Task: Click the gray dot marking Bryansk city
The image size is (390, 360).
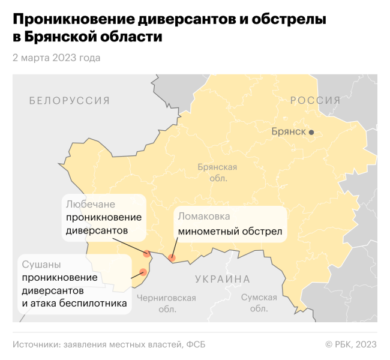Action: pos(311,132)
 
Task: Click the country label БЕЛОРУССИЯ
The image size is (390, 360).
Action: pos(70,101)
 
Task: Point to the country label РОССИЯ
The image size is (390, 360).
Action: pos(315,100)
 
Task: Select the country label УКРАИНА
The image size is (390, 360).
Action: pos(223,279)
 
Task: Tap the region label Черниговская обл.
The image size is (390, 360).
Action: pos(166,304)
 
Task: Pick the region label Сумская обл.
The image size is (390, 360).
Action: pos(259,304)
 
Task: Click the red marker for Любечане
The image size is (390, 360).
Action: pos(147,253)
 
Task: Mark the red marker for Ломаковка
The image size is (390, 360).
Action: pos(172,258)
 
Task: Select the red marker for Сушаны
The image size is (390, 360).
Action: pos(143,272)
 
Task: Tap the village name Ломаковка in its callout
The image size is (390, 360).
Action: pos(203,216)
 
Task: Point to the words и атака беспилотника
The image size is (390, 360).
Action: pos(74,304)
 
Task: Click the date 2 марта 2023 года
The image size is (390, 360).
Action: pos(56,58)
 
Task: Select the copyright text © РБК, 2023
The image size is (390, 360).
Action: pos(351,344)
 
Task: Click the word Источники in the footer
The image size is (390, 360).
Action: pos(34,344)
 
